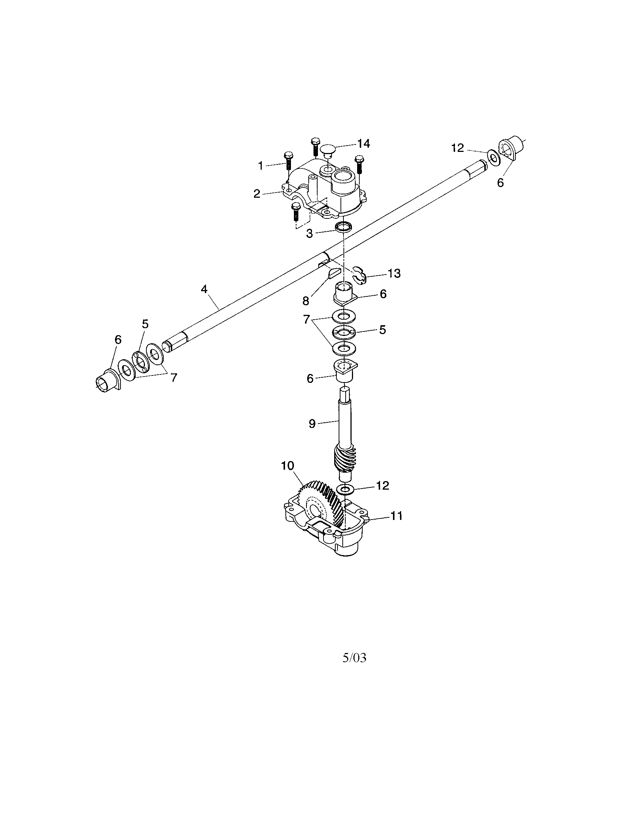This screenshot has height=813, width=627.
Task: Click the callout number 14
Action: [364, 144]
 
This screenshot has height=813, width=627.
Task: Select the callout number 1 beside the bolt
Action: [261, 166]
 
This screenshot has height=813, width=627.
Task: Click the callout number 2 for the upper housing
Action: [257, 194]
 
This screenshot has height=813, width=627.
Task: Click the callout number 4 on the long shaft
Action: [204, 289]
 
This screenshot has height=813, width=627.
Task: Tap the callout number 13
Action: [394, 273]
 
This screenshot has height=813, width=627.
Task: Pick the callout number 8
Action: [306, 301]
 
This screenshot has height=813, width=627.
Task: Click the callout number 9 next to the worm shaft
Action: [312, 423]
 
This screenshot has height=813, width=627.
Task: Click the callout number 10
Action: [288, 466]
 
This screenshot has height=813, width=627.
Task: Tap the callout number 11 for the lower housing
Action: [396, 516]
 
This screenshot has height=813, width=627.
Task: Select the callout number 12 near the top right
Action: [458, 148]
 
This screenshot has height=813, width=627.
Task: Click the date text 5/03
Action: [354, 658]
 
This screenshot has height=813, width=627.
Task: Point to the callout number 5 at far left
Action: [145, 324]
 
